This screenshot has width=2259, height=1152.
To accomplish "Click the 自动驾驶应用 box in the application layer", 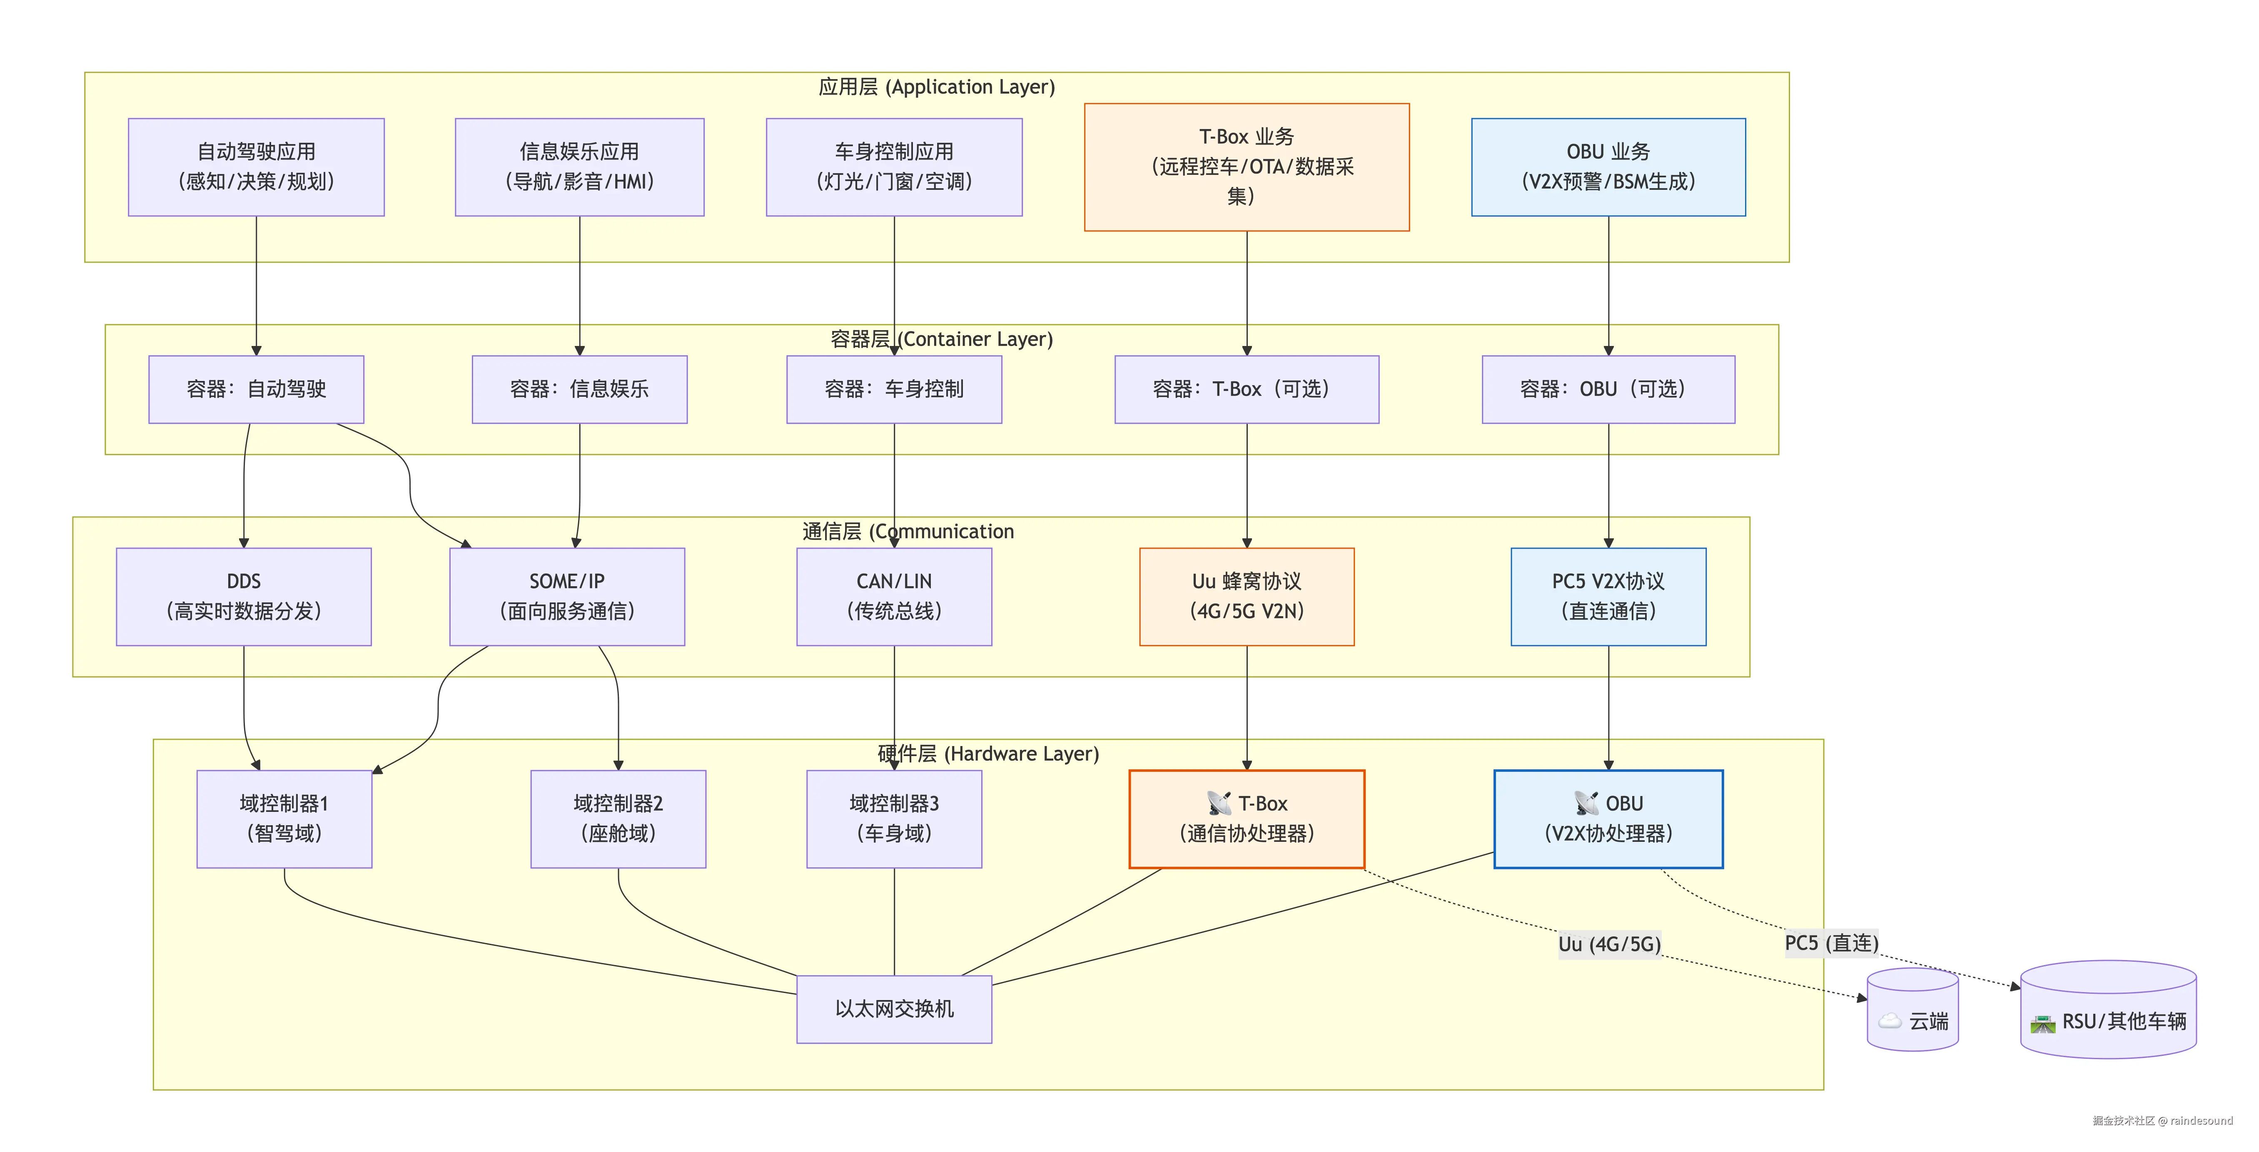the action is click(x=256, y=167).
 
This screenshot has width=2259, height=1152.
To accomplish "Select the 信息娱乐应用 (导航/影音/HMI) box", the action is click(x=580, y=167).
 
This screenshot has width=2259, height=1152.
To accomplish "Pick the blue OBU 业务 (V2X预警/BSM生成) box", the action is click(x=1608, y=167).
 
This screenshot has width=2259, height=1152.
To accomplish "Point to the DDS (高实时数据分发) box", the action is click(x=244, y=596).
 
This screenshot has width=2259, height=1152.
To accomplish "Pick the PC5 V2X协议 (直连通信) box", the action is click(x=1608, y=596).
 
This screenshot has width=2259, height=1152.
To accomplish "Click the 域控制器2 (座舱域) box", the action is click(x=618, y=819).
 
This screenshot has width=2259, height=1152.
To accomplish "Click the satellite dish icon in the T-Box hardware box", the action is click(x=1219, y=803).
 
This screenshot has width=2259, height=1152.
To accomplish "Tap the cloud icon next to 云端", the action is click(x=1890, y=1020).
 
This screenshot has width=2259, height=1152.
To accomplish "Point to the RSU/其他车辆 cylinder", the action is click(x=2108, y=1009).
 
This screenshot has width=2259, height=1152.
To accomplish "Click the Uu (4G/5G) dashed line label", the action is click(x=1609, y=944).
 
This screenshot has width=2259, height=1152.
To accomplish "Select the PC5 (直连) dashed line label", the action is click(x=1831, y=943).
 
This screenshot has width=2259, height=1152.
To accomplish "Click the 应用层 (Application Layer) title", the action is click(x=937, y=87).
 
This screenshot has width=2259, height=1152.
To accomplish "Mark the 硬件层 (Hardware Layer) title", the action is click(x=988, y=754).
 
